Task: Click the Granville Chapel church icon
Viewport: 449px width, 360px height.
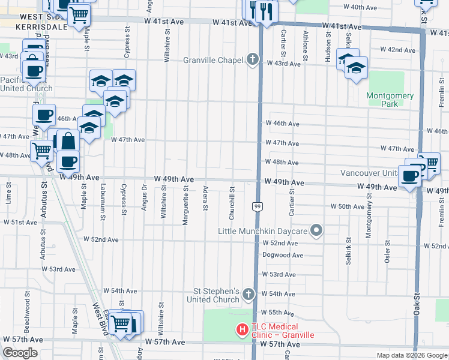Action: click(253, 59)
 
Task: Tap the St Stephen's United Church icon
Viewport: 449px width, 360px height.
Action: click(249, 294)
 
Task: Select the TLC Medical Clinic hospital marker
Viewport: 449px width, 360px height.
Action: click(242, 329)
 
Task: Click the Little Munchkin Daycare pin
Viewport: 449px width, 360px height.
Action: click(318, 230)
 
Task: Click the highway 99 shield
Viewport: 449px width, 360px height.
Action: click(256, 206)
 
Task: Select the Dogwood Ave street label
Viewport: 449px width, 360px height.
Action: click(283, 255)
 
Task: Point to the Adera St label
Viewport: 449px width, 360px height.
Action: click(205, 199)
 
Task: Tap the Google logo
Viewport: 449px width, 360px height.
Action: click(20, 353)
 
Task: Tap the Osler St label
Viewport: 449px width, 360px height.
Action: click(388, 252)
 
